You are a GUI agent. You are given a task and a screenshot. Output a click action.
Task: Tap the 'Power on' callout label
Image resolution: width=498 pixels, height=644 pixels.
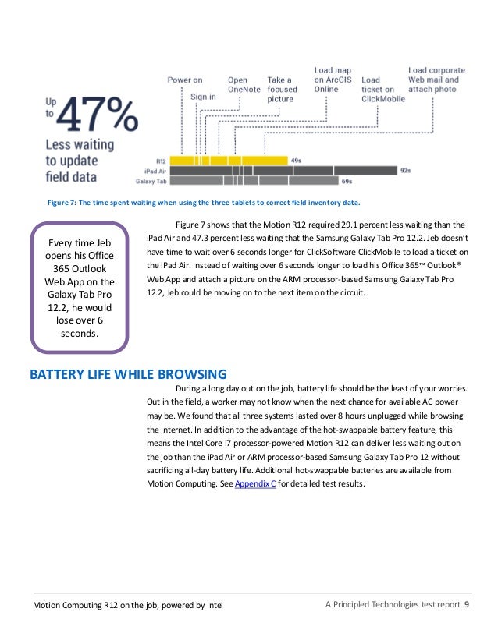(185, 80)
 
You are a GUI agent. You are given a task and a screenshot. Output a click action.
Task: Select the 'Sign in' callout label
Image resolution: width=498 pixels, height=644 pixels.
(204, 97)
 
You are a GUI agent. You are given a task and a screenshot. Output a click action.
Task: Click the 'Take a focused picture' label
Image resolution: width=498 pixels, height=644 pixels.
(281, 90)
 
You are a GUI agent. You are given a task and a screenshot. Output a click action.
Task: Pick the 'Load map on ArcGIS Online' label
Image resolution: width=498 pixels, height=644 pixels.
(333, 80)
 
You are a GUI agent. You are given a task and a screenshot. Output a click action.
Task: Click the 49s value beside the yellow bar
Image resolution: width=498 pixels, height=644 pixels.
(297, 160)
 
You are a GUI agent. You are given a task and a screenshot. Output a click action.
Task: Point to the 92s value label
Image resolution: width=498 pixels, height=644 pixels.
(405, 170)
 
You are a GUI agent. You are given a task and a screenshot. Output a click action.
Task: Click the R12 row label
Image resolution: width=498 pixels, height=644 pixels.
(162, 160)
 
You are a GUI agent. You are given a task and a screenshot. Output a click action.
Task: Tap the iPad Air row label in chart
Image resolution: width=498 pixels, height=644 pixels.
(155, 170)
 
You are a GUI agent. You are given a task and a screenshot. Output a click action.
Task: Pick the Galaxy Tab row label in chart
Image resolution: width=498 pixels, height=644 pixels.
(151, 181)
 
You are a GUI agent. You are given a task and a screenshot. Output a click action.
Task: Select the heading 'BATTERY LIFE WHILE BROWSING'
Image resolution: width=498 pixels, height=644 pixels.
(128, 373)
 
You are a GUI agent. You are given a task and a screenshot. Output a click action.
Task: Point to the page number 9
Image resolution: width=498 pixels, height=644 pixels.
(466, 605)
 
